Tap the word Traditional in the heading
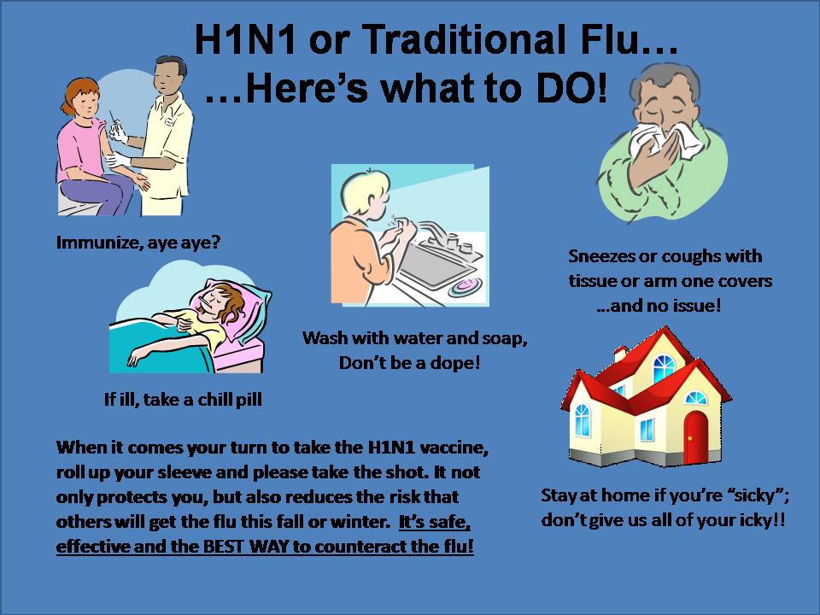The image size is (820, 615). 462,40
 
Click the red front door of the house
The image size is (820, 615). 695,437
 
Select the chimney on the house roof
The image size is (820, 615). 621,354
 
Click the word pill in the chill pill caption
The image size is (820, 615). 249,400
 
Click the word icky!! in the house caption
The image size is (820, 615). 763,520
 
